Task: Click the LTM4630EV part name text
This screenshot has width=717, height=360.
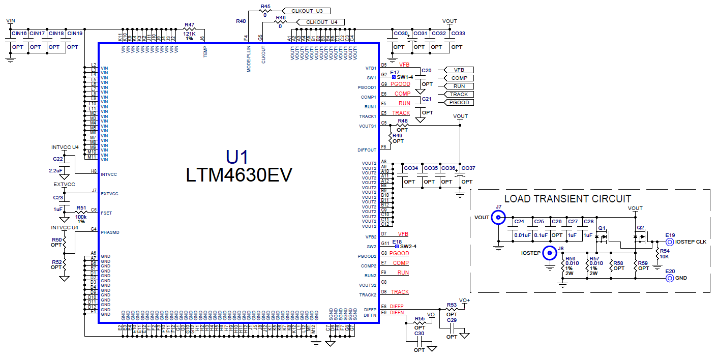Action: (239, 175)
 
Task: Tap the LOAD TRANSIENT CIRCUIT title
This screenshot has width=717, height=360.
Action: (567, 199)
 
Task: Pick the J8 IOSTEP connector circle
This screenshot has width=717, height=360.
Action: (549, 253)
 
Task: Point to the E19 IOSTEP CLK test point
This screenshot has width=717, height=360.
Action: (670, 242)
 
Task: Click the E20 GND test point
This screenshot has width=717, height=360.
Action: (670, 278)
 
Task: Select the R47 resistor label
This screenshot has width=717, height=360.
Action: (190, 24)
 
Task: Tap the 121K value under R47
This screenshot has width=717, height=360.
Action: (190, 33)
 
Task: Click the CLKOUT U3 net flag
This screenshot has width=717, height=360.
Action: (308, 11)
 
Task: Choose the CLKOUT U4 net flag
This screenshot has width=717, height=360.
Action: (322, 22)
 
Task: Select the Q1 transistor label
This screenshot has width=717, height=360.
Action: (602, 228)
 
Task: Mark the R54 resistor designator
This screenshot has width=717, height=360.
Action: (665, 252)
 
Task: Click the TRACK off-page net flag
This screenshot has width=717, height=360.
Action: (459, 95)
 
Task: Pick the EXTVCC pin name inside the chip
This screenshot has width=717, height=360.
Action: (110, 194)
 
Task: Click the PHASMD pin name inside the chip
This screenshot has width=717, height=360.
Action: (110, 232)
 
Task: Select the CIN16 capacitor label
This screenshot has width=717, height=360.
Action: (19, 34)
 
